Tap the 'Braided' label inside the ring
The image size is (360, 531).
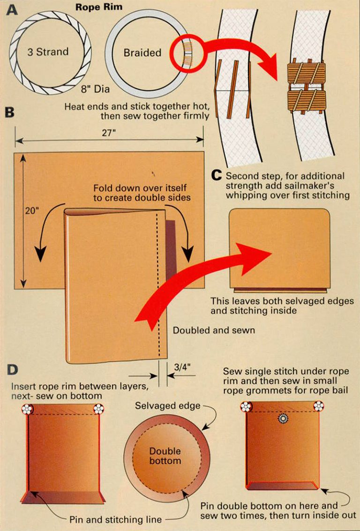(x=142, y=53)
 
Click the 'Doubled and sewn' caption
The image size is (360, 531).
(x=214, y=330)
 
